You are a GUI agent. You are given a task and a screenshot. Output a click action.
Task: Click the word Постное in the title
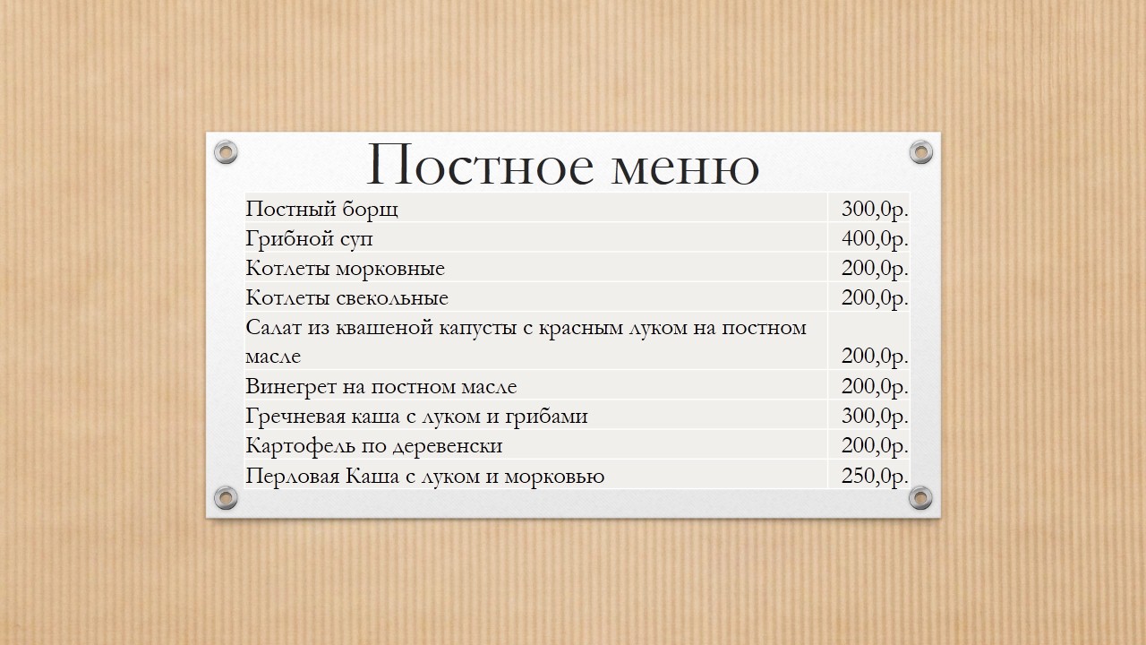[x=481, y=165]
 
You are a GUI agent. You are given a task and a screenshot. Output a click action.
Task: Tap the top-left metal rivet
[x=226, y=152]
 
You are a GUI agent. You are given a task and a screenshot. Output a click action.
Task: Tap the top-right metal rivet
[x=921, y=152]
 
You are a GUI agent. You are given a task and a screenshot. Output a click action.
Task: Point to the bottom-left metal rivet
[x=226, y=497]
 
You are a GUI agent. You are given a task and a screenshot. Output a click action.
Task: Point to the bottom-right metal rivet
[x=920, y=497]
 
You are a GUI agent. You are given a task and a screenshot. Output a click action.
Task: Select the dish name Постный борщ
[x=321, y=210]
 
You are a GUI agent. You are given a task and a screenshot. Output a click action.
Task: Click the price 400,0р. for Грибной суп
[x=875, y=238]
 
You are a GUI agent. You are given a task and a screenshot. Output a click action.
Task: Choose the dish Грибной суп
[x=309, y=239]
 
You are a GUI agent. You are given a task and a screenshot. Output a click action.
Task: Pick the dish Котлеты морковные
[x=346, y=268]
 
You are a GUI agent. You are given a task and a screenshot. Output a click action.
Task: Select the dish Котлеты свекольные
[x=346, y=298]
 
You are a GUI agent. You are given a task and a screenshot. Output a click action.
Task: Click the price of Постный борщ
[x=875, y=209]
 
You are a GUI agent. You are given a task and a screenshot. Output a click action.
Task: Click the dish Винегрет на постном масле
[x=381, y=386]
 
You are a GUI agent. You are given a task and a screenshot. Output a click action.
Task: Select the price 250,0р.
[x=875, y=476]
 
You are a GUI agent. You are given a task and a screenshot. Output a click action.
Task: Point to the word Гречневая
[x=295, y=417]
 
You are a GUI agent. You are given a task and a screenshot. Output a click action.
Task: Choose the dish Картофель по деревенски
[x=374, y=446]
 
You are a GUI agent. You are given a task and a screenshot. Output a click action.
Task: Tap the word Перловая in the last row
[x=293, y=476]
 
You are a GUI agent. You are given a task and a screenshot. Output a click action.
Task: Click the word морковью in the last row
[x=554, y=477]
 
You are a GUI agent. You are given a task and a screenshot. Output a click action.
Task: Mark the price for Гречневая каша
[x=875, y=417]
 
